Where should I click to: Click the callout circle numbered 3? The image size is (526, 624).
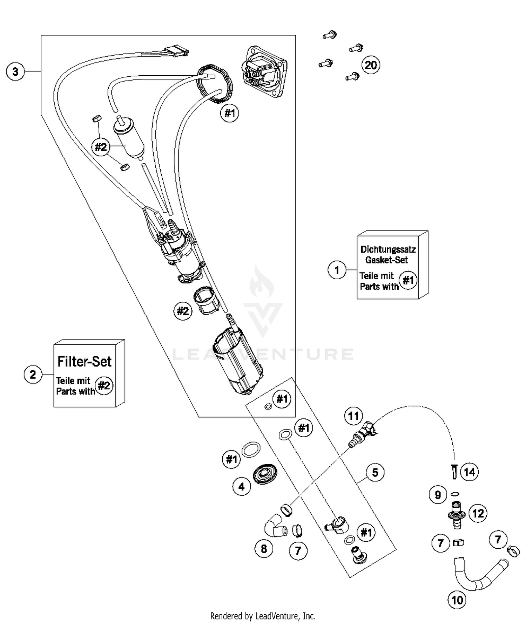(x=15, y=72)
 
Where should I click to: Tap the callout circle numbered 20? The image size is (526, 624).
(x=371, y=65)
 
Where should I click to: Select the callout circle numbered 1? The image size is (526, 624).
(x=337, y=270)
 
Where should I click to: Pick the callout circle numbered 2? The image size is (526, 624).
(x=33, y=375)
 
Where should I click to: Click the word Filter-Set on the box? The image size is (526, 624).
(x=84, y=362)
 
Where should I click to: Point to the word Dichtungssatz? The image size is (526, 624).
(x=388, y=249)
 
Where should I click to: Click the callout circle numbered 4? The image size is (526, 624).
(x=241, y=487)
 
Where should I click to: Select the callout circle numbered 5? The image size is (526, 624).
(x=375, y=472)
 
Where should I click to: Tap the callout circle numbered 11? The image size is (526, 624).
(x=353, y=416)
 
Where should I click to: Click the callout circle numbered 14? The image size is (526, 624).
(x=470, y=472)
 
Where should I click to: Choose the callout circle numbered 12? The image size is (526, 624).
(x=478, y=514)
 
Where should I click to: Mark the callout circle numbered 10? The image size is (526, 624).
(x=457, y=600)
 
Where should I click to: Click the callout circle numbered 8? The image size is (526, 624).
(x=264, y=549)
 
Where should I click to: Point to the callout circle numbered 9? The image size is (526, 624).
(x=438, y=495)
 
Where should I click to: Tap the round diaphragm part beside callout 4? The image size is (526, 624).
(x=265, y=474)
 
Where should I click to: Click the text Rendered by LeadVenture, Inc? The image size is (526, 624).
(x=263, y=616)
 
